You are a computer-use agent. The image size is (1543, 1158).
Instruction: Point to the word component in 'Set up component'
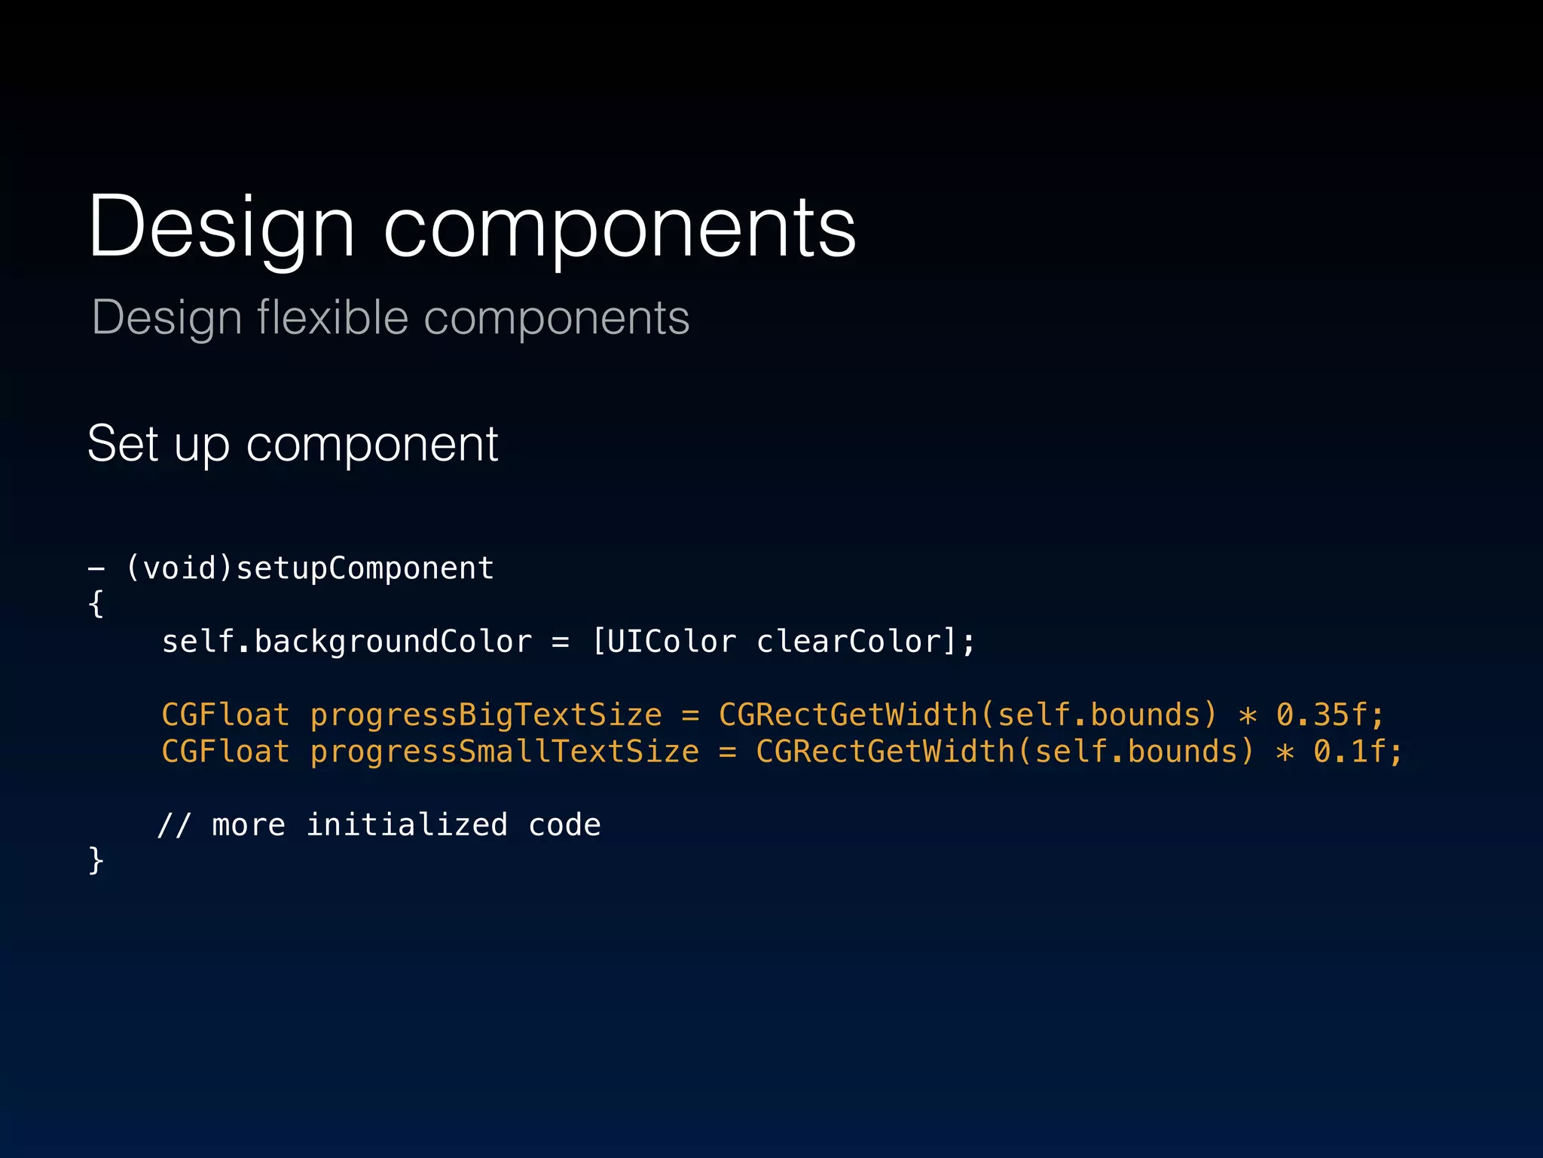point(372,445)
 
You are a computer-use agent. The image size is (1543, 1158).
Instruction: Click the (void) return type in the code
point(179,568)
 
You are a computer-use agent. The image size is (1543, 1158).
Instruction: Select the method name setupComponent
point(365,568)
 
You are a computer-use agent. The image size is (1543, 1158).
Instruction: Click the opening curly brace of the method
point(96,605)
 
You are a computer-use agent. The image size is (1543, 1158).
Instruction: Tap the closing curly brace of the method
point(96,861)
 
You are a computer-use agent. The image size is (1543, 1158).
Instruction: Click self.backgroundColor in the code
point(347,642)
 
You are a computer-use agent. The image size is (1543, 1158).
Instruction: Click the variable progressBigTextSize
point(486,715)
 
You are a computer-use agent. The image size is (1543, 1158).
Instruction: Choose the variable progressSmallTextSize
point(504,752)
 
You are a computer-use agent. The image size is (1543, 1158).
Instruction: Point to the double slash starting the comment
point(174,825)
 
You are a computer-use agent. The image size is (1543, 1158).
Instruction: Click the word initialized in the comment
point(407,825)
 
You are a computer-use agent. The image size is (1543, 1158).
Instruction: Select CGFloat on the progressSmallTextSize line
point(225,752)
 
